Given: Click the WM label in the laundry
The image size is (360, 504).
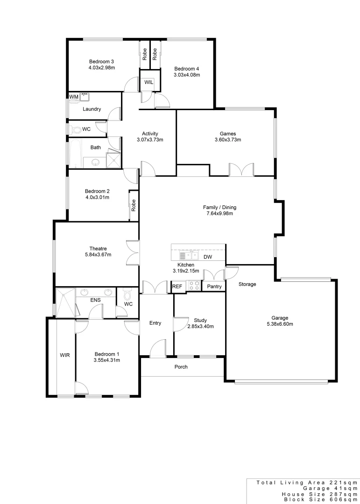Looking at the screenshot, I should (x=73, y=97).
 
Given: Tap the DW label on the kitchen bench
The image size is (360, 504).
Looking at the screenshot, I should (x=208, y=257).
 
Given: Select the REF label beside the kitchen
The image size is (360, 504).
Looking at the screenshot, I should (x=177, y=287).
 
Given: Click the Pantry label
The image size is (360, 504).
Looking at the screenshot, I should (x=214, y=287).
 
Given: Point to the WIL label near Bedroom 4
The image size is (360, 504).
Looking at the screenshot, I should (x=149, y=82).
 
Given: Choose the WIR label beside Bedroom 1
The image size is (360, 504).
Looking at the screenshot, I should (x=65, y=355).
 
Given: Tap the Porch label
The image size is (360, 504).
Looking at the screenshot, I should (x=181, y=367).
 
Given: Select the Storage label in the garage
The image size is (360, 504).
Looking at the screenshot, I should (x=247, y=284).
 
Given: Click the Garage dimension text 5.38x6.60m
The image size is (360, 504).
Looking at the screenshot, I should (x=277, y=324).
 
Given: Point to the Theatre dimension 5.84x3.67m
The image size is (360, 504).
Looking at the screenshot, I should (x=98, y=254).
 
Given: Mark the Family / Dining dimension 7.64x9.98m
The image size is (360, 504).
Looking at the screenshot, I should (x=219, y=214).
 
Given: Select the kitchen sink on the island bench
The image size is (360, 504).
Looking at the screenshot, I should (x=189, y=255).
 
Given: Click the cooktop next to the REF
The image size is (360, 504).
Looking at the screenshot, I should (x=194, y=286).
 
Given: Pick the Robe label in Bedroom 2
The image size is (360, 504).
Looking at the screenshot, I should (x=134, y=205).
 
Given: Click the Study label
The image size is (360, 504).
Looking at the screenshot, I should (x=200, y=320).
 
